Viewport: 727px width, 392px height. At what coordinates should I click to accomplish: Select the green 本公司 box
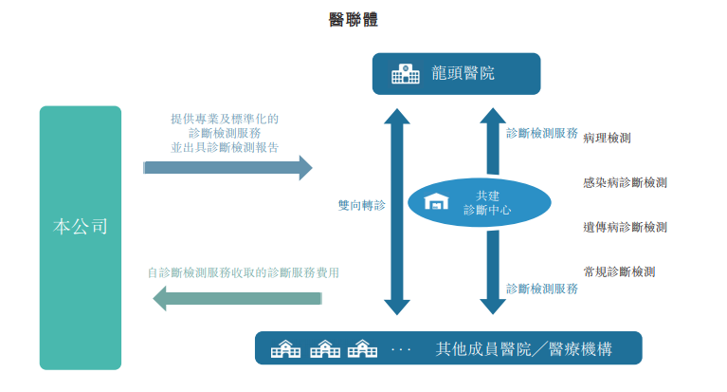(x=81, y=228)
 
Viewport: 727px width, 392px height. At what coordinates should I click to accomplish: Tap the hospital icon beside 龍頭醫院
(x=405, y=74)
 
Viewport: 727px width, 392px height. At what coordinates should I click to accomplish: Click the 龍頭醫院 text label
(x=463, y=74)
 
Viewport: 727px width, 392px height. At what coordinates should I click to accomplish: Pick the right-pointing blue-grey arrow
(x=227, y=168)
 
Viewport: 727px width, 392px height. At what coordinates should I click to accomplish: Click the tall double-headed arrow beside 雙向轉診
(x=397, y=212)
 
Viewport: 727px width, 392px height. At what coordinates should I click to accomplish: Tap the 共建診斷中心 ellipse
(x=480, y=203)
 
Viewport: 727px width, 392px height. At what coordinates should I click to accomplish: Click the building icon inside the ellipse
(x=437, y=203)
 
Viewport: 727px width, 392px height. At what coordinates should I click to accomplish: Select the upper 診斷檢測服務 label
(x=542, y=134)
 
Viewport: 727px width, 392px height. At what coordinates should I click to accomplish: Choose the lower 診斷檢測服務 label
(x=542, y=289)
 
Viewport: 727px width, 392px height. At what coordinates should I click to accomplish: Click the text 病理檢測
(x=608, y=138)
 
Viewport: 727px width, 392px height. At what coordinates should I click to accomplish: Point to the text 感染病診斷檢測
(x=625, y=182)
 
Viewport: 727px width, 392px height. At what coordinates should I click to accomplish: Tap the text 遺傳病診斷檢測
(x=625, y=227)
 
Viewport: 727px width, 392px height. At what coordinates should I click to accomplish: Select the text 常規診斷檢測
(x=619, y=271)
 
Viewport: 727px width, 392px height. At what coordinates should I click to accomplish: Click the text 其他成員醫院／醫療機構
(x=523, y=349)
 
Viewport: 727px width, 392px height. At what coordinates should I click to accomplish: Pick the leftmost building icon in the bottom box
(x=285, y=349)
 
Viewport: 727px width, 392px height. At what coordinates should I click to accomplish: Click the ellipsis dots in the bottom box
(x=401, y=350)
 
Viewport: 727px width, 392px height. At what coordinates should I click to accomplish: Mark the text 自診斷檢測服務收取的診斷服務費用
(x=244, y=272)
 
